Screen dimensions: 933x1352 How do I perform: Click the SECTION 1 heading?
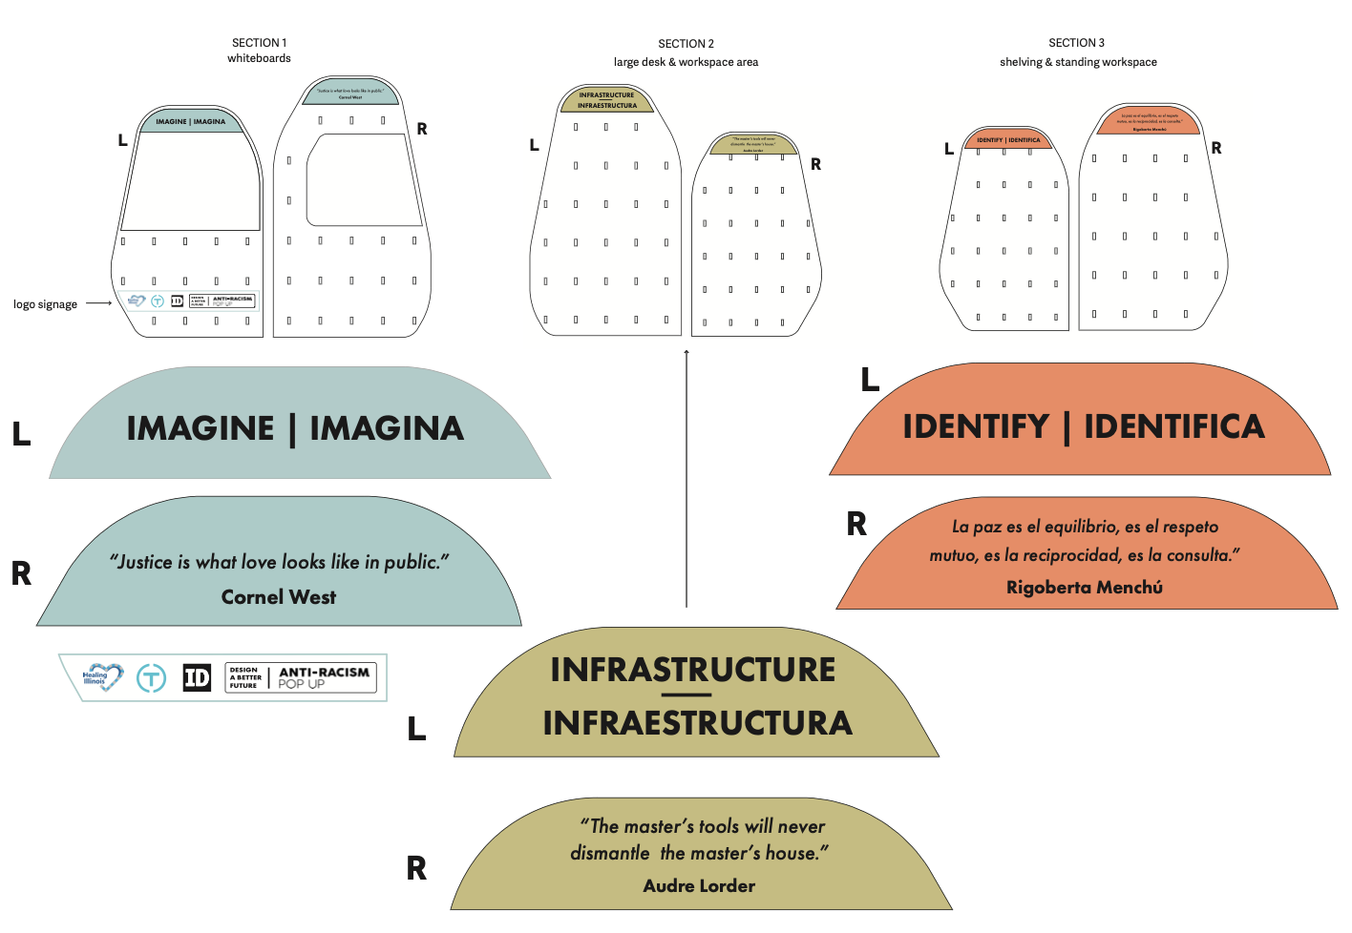point(259,43)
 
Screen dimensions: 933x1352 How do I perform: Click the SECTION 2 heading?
point(686,44)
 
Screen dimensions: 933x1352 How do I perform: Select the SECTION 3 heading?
point(1076,43)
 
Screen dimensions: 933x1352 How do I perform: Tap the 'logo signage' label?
point(45,304)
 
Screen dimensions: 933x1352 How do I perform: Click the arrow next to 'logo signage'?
point(99,303)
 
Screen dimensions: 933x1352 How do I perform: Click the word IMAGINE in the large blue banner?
point(201,428)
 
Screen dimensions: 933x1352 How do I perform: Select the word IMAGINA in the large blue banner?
point(387,428)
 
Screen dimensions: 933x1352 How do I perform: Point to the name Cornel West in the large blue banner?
point(279,597)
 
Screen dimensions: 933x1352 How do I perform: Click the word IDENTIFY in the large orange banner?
point(976,426)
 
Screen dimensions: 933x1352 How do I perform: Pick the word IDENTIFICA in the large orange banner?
point(1174,426)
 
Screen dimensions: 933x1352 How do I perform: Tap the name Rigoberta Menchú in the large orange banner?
point(1085,588)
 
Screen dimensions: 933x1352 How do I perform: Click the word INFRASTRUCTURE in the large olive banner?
point(693,670)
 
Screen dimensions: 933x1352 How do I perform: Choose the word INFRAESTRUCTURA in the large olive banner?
point(697,723)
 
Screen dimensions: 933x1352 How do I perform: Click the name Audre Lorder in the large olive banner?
point(699,886)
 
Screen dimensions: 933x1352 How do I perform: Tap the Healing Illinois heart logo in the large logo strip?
point(102,677)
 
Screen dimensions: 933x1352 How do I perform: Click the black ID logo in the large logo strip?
point(197,677)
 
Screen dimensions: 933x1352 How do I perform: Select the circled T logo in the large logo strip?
point(151,677)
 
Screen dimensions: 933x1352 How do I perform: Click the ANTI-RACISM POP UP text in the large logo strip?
point(323,677)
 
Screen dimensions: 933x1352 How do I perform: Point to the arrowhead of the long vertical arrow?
point(687,353)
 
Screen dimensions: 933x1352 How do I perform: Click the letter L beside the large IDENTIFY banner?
point(870,380)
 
